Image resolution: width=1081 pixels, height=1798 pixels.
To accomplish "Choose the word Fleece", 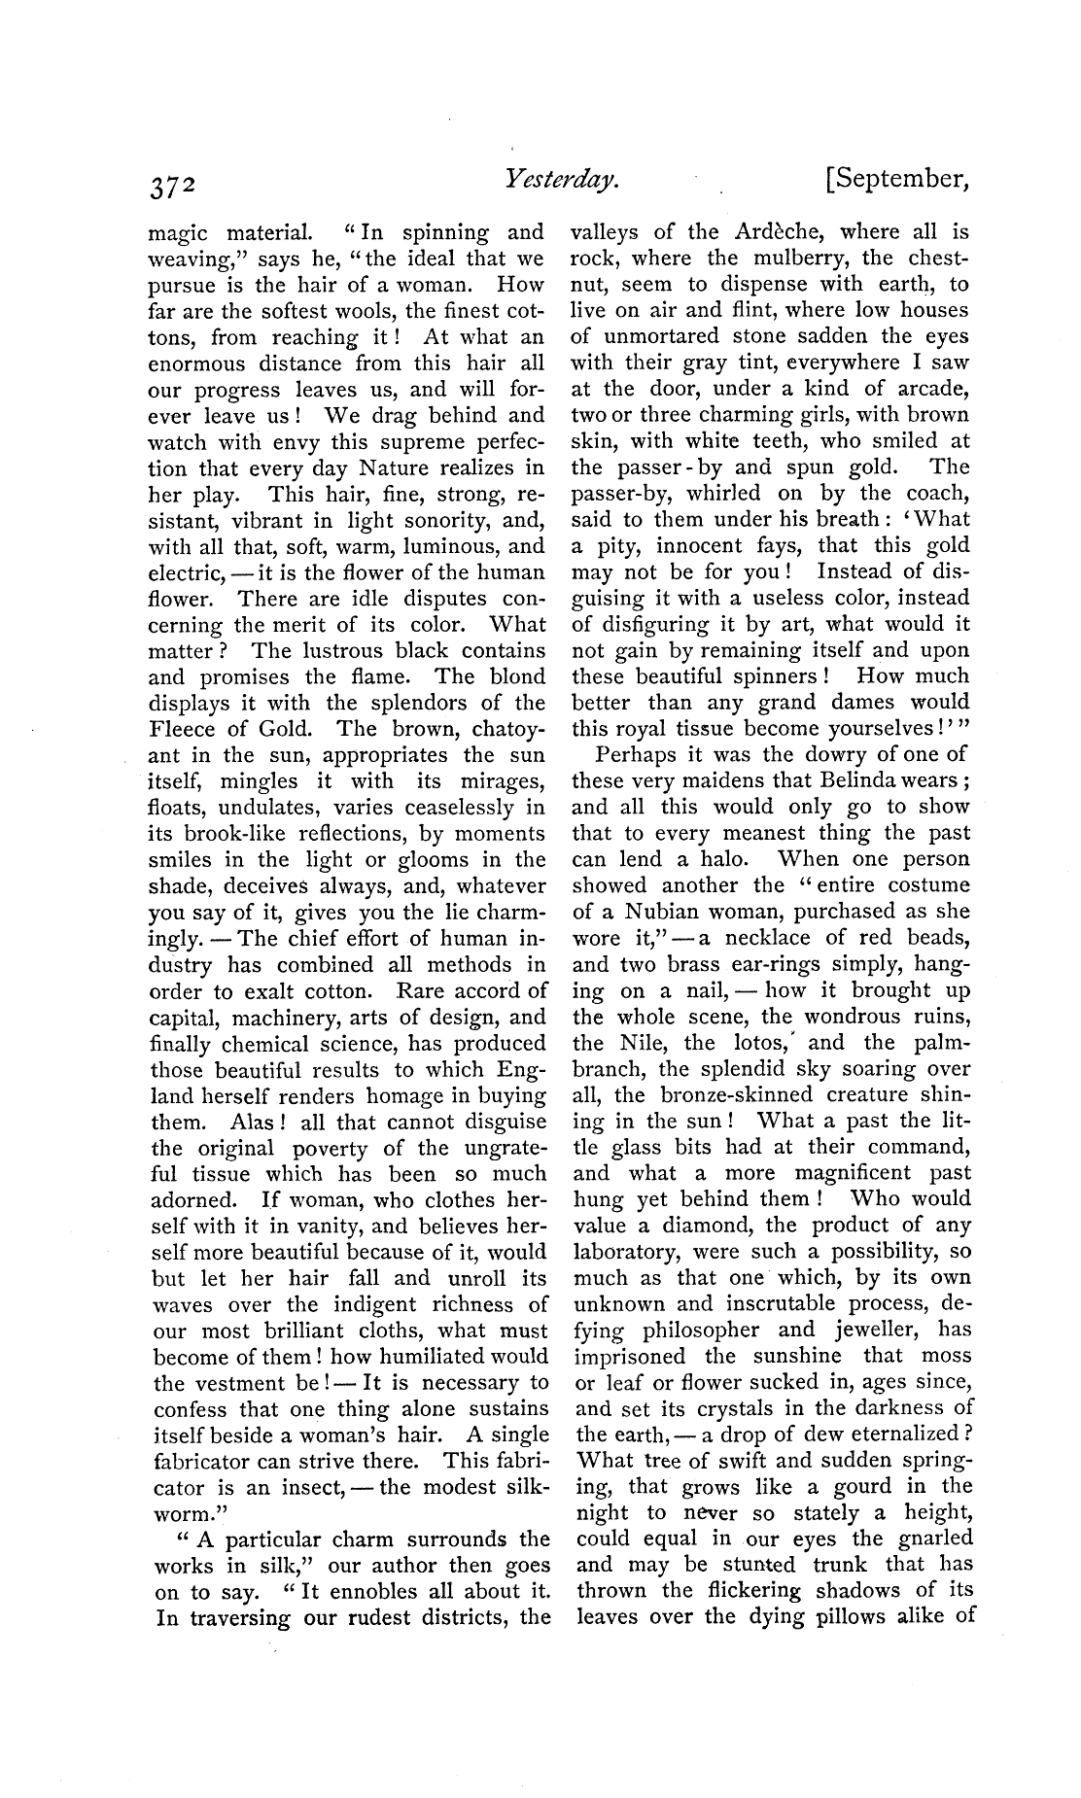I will click(183, 729).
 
